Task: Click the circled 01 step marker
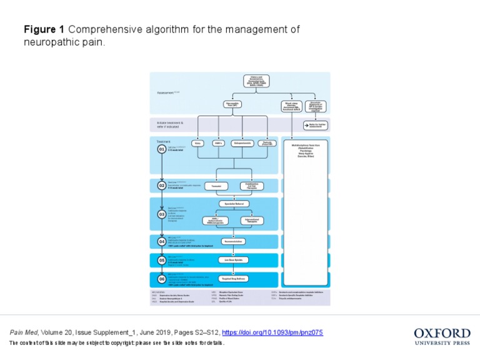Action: point(162,149)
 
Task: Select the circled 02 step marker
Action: point(162,186)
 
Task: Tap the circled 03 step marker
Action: point(162,214)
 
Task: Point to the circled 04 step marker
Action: point(162,242)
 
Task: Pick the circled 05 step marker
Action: point(162,259)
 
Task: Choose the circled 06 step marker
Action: point(162,279)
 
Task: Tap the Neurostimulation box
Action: point(233,241)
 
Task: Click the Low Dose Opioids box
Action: point(233,259)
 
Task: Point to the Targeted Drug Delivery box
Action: point(233,279)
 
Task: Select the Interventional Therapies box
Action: point(252,221)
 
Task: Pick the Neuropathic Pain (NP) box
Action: point(232,104)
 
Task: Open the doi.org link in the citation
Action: point(272,332)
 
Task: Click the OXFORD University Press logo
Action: point(442,336)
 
